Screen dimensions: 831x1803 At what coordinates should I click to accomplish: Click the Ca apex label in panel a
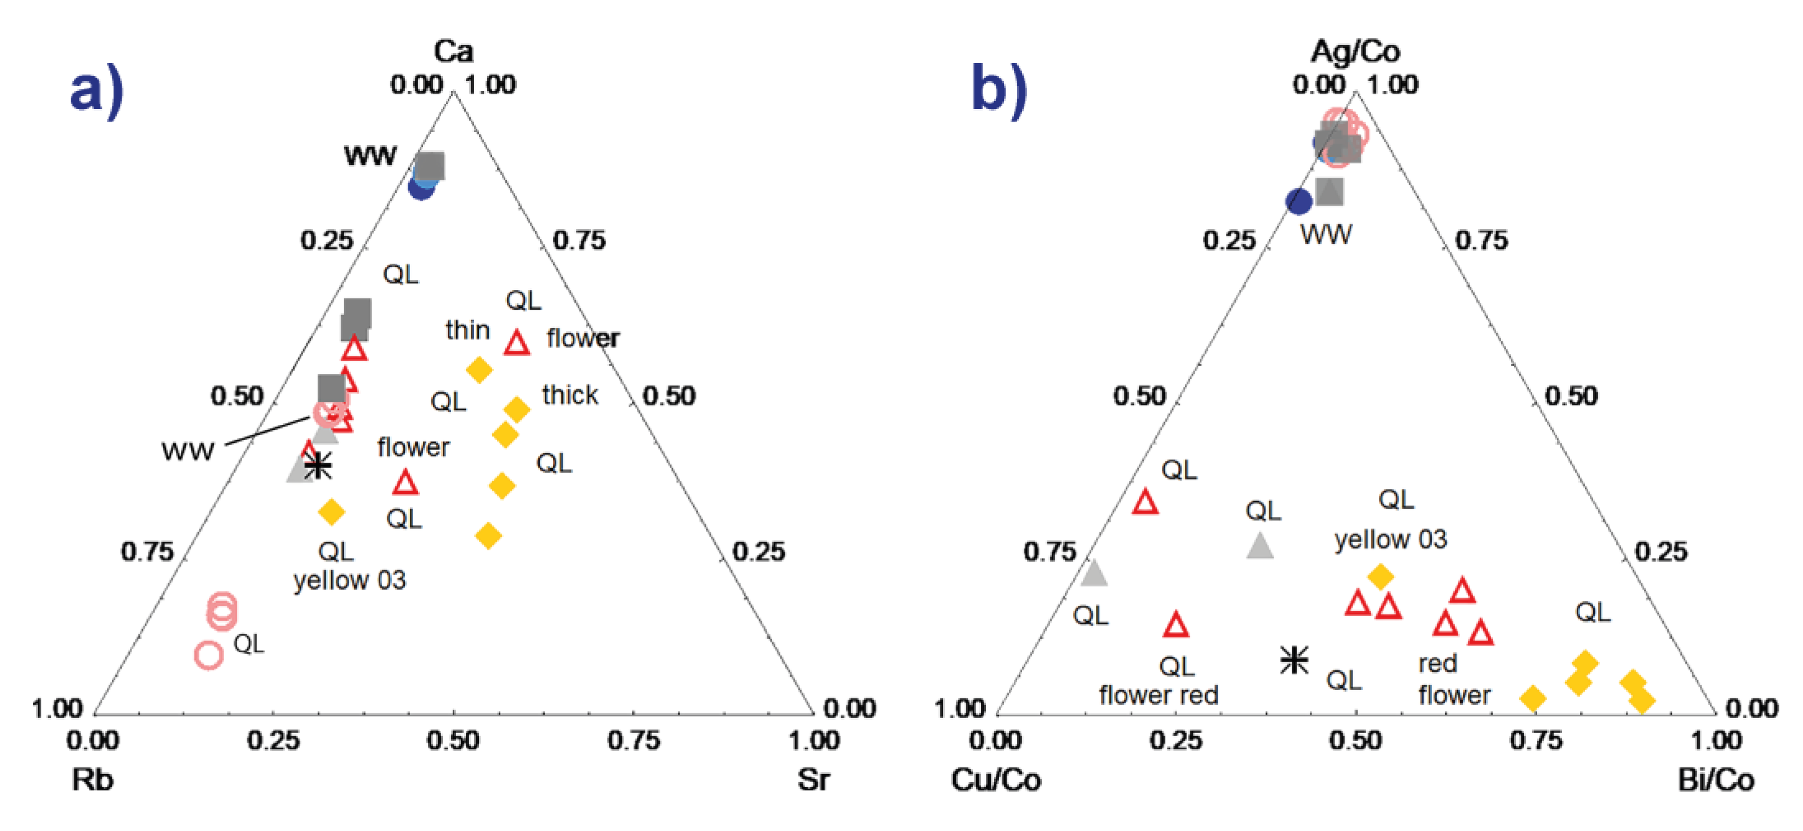pos(453,51)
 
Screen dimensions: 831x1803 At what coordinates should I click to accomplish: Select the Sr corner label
pos(813,779)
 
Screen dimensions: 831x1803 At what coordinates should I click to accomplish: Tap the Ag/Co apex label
pos(1355,51)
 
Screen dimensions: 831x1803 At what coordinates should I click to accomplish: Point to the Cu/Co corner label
pos(995,779)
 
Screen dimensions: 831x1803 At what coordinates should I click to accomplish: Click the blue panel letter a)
pos(96,91)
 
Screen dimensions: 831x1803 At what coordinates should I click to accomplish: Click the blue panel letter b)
pos(1000,91)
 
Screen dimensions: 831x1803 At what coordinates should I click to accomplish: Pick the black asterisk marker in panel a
pos(318,465)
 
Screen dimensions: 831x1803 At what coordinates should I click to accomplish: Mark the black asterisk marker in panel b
pos(1293,659)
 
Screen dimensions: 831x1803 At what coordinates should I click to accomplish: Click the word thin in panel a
pos(467,330)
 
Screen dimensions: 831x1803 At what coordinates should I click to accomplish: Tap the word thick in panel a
pos(570,395)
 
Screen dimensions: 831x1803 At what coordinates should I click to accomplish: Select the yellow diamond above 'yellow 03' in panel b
pos(1380,576)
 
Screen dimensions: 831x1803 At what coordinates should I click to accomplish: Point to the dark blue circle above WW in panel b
pos(1299,201)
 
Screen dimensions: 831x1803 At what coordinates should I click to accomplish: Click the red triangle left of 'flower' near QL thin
pos(517,343)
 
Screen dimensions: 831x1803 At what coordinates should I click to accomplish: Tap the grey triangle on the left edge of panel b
pos(1094,573)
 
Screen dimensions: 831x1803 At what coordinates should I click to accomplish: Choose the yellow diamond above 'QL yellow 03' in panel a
pos(331,512)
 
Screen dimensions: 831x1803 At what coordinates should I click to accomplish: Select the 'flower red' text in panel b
pos(1159,695)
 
